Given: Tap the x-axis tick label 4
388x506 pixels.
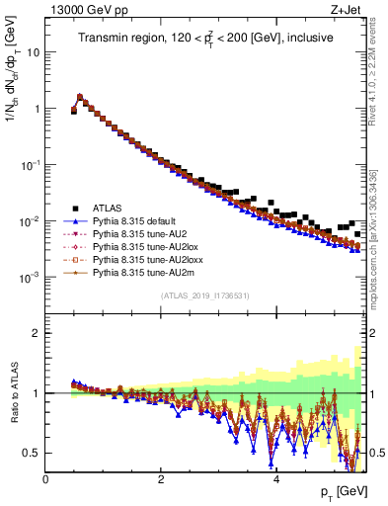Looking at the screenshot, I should pyautogui.click(x=275, y=479).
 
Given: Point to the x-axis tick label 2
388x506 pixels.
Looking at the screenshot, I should pyautogui.click(x=161, y=479).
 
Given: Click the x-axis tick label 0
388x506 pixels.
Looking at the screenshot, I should pyautogui.click(x=45, y=479).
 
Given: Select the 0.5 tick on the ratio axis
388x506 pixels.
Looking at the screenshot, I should pyautogui.click(x=33, y=453).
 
